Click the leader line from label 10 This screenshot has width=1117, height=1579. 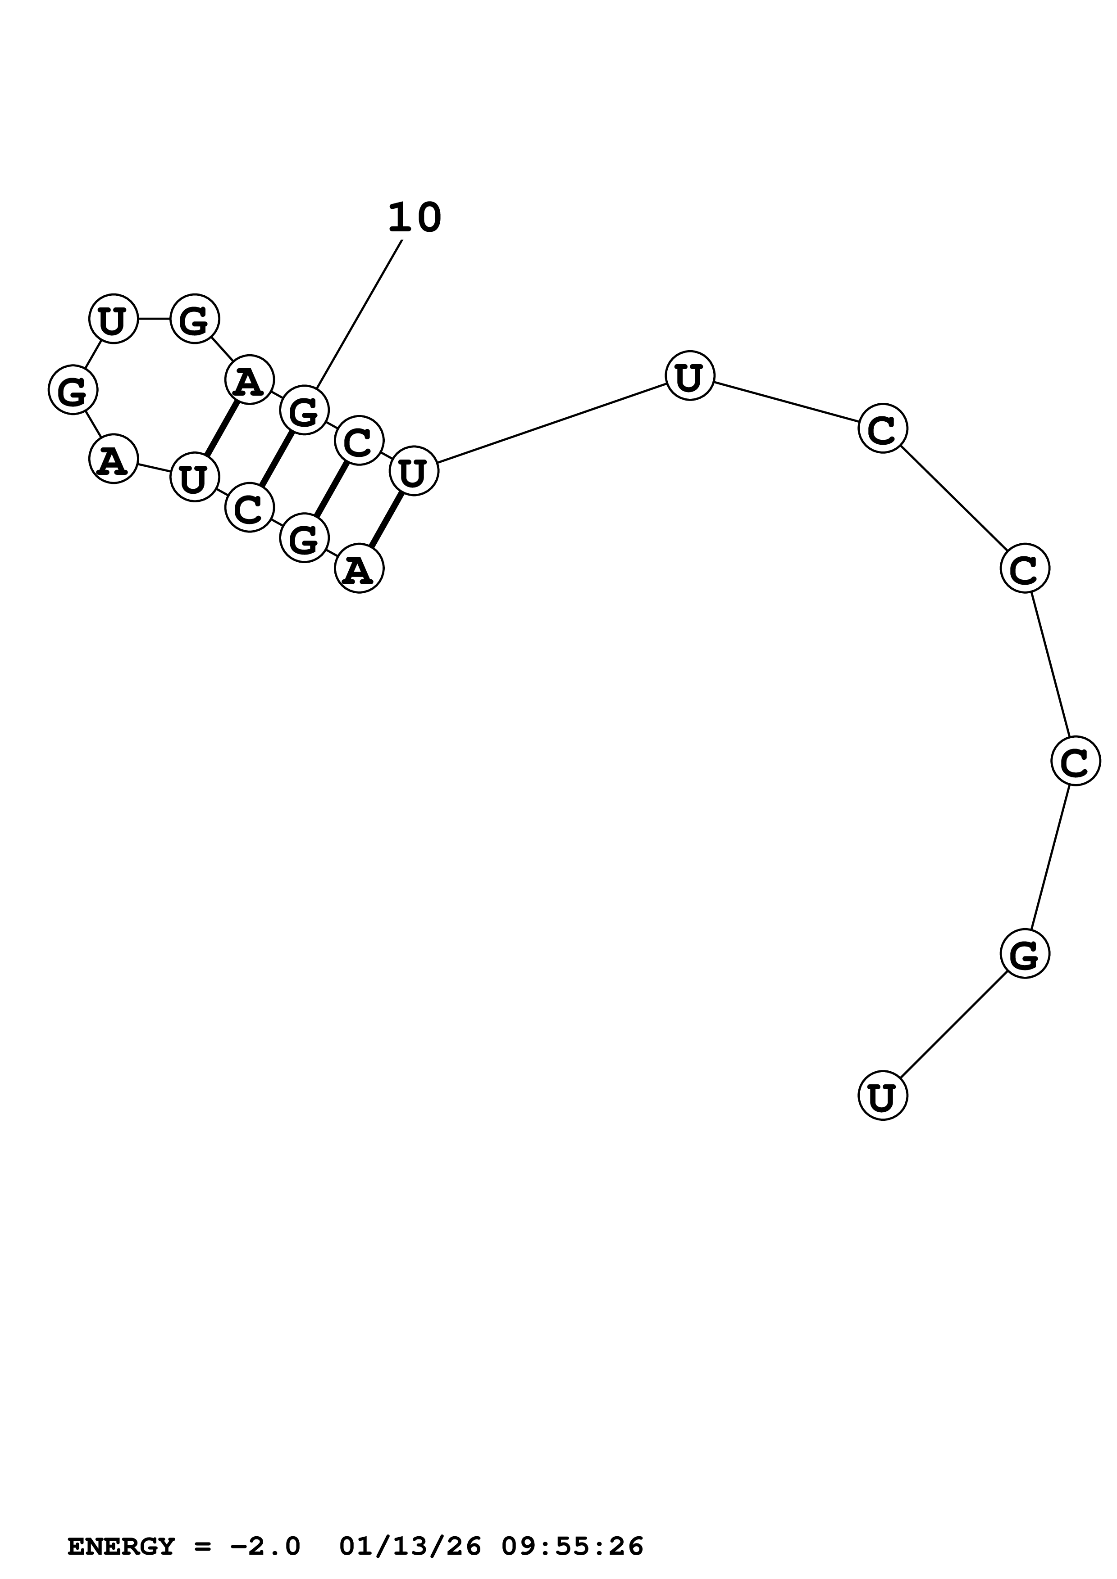tap(359, 314)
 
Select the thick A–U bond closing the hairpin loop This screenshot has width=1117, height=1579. tap(222, 428)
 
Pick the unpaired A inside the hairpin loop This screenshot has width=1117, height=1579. tap(114, 460)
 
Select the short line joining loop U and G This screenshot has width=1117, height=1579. tap(154, 319)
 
